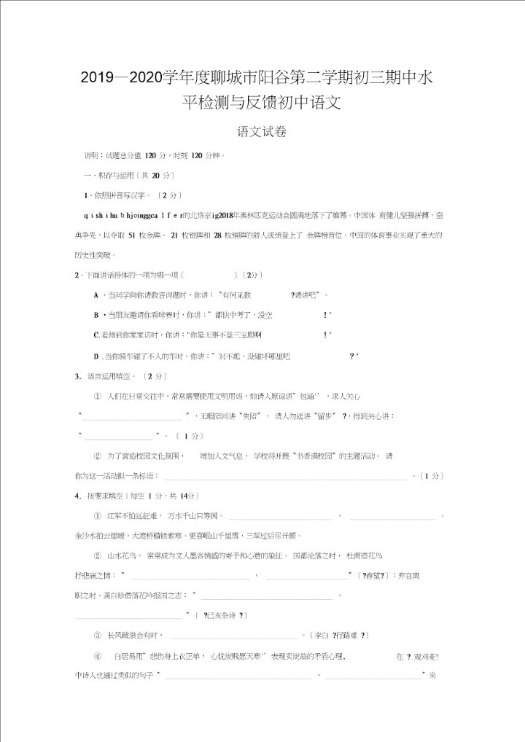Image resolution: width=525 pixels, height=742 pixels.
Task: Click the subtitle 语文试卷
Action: click(x=262, y=132)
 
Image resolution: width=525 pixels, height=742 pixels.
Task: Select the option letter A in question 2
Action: click(x=96, y=295)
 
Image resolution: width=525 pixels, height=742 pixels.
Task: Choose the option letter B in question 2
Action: click(x=96, y=315)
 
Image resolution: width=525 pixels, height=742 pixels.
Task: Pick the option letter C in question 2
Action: click(x=96, y=335)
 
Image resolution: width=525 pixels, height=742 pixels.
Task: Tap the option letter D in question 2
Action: click(x=96, y=356)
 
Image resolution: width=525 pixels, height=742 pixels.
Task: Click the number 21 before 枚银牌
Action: click(x=174, y=235)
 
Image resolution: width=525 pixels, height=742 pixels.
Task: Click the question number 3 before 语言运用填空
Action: click(x=77, y=376)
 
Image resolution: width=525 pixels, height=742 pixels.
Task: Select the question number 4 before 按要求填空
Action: click(x=77, y=496)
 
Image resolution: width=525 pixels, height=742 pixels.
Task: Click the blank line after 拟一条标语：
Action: click(x=285, y=477)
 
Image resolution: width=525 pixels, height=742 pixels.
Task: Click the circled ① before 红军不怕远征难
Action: click(x=97, y=516)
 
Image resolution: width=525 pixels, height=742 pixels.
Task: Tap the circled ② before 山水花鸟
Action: click(x=97, y=555)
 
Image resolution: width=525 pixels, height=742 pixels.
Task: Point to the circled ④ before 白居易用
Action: click(x=97, y=656)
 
